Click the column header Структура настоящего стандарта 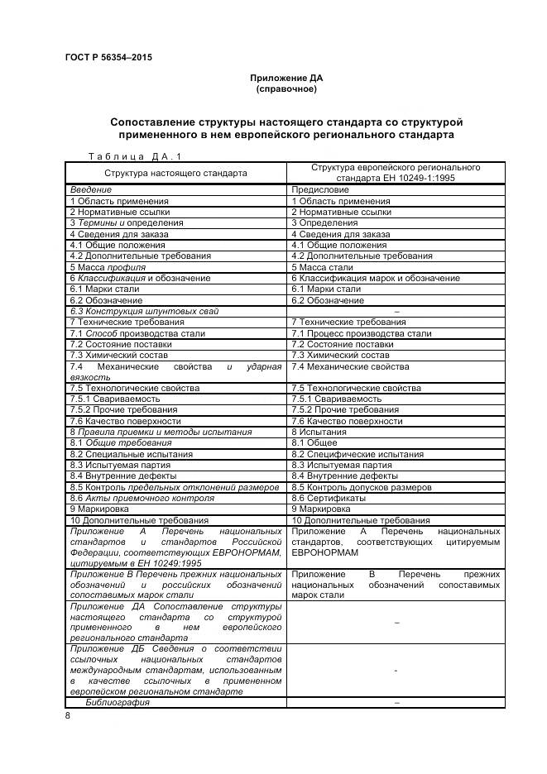coord(175,174)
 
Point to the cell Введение coord(90,190)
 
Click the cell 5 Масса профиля coord(108,267)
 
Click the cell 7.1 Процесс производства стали coord(361,333)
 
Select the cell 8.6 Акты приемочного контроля coord(142,498)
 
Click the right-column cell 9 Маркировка coord(322,509)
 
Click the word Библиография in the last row coord(118,702)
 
